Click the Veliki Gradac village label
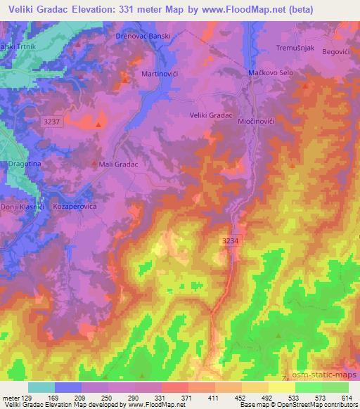[210, 115]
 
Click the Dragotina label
[25, 163]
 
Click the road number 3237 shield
[53, 122]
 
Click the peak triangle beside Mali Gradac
[96, 164]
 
